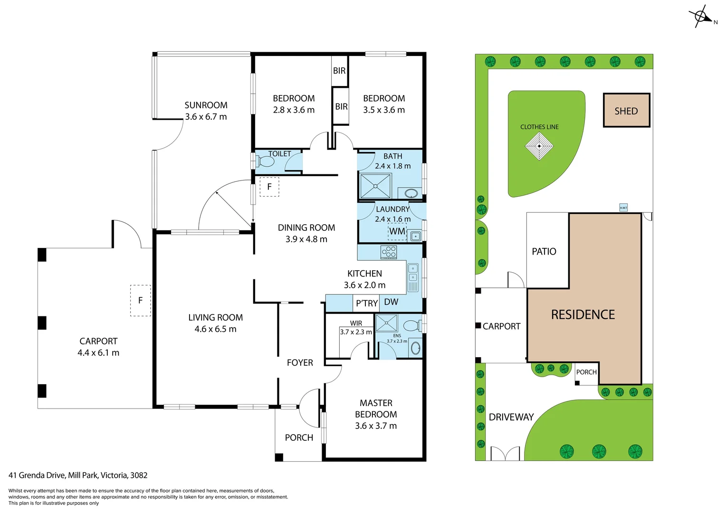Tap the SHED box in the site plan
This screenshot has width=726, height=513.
pos(626,110)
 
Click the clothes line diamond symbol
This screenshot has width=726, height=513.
pos(539,146)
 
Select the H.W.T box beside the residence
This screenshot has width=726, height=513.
pos(623,208)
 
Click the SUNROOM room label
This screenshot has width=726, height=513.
pos(206,105)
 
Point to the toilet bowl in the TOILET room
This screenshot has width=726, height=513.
pos(267,162)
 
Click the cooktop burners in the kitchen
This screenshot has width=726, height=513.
pos(389,252)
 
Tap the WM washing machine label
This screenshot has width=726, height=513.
pos(397,231)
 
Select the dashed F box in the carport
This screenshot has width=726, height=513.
pos(141,300)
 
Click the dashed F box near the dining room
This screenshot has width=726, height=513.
pos(269,187)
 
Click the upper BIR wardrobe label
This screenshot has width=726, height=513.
pos(339,71)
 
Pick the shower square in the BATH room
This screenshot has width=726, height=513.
pos(375,186)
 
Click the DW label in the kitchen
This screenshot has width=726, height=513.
pos(391,302)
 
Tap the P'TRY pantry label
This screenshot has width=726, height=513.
pos(367,303)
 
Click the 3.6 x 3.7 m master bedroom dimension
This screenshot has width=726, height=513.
pos(376,426)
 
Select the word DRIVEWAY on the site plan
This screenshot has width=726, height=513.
pos(511,417)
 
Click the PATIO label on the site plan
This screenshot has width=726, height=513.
pos(544,251)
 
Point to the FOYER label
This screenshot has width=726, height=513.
pos(300,363)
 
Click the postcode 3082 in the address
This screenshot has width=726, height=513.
pos(139,475)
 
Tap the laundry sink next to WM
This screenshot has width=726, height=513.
pos(416,236)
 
